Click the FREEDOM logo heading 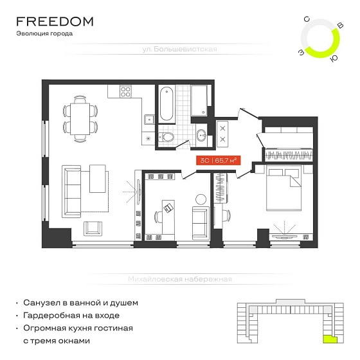coord(55,22)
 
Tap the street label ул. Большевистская coord(179,49)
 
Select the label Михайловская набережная coord(180,279)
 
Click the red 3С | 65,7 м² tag coord(219,160)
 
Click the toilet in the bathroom coord(166,137)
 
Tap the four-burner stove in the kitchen coord(125,91)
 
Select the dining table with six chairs coord(80,119)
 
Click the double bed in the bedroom coord(283,188)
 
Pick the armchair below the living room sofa coord(93,228)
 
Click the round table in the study coord(201,199)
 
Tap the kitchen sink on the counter coord(149,120)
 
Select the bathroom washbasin coord(202,135)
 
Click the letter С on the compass coord(307,19)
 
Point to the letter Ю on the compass coord(334,59)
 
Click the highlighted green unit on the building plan coord(330,339)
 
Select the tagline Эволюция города coord(44,33)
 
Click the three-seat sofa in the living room coord(71,192)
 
